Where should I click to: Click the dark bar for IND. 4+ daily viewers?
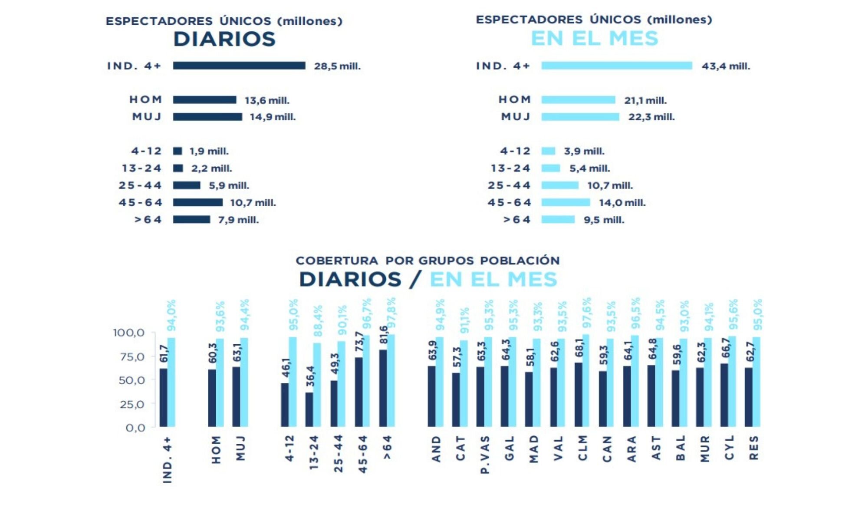(x=239, y=66)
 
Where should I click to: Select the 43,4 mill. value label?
(x=726, y=66)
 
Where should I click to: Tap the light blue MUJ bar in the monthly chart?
(x=580, y=117)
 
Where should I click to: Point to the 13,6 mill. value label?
(x=266, y=100)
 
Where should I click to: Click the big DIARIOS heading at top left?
(x=224, y=39)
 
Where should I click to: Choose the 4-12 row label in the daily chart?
(x=146, y=151)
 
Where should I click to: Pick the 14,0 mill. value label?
(x=622, y=203)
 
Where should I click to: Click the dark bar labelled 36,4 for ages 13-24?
(x=309, y=409)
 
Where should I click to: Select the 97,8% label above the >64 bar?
(x=391, y=313)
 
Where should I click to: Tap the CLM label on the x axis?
(x=582, y=448)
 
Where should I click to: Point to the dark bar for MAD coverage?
(x=529, y=399)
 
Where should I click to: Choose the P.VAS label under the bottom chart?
(x=485, y=455)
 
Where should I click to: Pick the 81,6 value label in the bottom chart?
(x=384, y=335)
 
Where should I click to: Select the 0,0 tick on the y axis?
(x=135, y=428)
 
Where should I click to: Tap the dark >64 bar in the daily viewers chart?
(x=191, y=220)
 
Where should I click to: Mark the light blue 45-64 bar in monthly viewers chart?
(x=566, y=202)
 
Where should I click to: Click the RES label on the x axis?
(x=754, y=448)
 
